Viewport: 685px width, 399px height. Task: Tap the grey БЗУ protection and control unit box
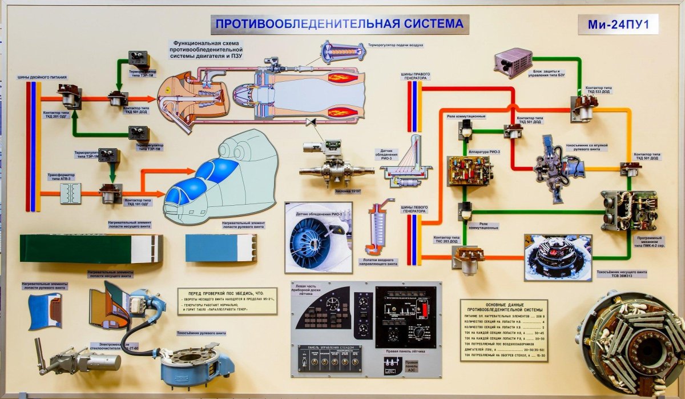coord(513,62)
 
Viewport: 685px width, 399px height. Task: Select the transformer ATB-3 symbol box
coord(71,193)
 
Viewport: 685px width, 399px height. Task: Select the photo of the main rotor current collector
coord(558,257)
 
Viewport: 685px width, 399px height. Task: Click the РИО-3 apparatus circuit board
coord(469,170)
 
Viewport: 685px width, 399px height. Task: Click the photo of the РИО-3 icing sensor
coord(318,237)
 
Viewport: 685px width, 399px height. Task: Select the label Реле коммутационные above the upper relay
coord(466,117)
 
